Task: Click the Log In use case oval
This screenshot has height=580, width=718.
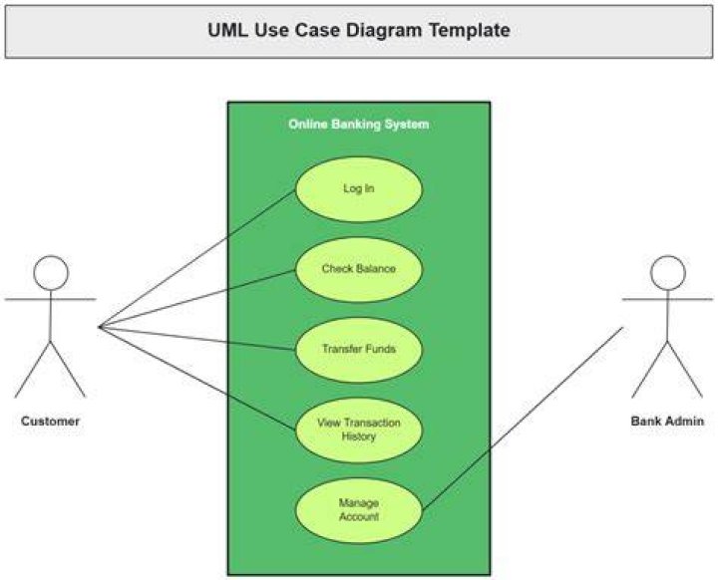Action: click(x=359, y=189)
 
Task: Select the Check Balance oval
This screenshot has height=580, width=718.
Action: click(x=359, y=270)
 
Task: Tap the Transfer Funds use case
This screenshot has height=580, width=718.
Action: click(x=359, y=350)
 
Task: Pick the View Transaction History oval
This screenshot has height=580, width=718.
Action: click(x=359, y=431)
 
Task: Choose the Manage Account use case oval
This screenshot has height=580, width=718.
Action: click(x=359, y=511)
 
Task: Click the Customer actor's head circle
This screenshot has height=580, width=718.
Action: click(x=51, y=273)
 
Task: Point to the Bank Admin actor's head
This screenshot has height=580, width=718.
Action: click(x=668, y=273)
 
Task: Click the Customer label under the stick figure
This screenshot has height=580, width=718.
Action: click(x=51, y=422)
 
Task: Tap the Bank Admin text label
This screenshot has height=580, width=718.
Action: click(x=667, y=422)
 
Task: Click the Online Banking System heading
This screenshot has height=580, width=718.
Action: click(x=359, y=124)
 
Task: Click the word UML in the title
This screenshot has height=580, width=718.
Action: click(x=228, y=30)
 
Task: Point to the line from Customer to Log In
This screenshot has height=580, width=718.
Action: click(x=196, y=259)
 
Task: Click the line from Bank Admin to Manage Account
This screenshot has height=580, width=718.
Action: click(x=523, y=419)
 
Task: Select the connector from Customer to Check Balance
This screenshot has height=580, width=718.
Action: click(x=196, y=298)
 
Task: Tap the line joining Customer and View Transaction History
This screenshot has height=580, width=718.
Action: click(x=196, y=379)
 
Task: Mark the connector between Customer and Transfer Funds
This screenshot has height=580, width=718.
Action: click(x=196, y=338)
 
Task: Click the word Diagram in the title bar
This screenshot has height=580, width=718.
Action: click(x=384, y=31)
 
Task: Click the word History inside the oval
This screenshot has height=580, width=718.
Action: click(x=359, y=436)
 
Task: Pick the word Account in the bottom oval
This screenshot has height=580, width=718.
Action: click(x=359, y=517)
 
